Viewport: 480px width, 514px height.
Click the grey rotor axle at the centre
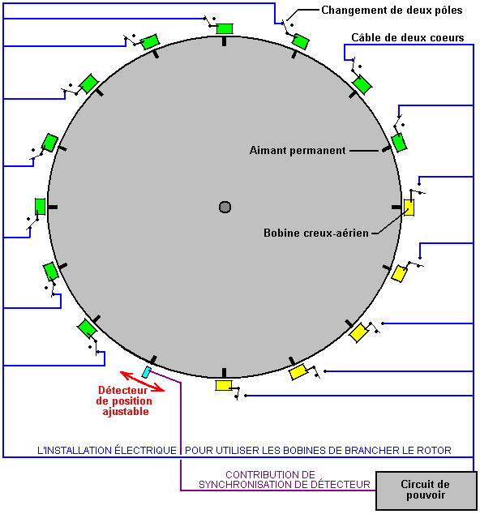coord(225,208)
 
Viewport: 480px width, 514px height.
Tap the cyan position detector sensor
coord(147,372)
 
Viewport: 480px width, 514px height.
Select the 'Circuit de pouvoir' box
coord(426,490)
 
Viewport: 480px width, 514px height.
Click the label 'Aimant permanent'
coord(298,151)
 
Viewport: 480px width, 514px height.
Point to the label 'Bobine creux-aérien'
coord(316,233)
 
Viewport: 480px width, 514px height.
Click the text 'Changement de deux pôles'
coord(392,11)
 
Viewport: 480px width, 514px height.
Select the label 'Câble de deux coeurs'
coord(408,37)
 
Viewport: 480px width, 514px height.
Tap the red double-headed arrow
coord(142,381)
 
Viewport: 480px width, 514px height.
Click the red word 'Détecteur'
coord(123,390)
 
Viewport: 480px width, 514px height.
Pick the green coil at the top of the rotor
coord(225,28)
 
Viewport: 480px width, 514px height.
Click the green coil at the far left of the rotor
coord(40,207)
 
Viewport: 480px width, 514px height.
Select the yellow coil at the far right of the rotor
coord(409,208)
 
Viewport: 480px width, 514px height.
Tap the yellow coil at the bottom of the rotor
coord(224,386)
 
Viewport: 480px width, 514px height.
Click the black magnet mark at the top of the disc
coord(225,41)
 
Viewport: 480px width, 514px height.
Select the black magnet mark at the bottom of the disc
coord(225,373)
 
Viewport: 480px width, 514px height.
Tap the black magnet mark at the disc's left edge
coord(53,208)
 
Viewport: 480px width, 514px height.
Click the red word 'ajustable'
coord(126,411)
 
